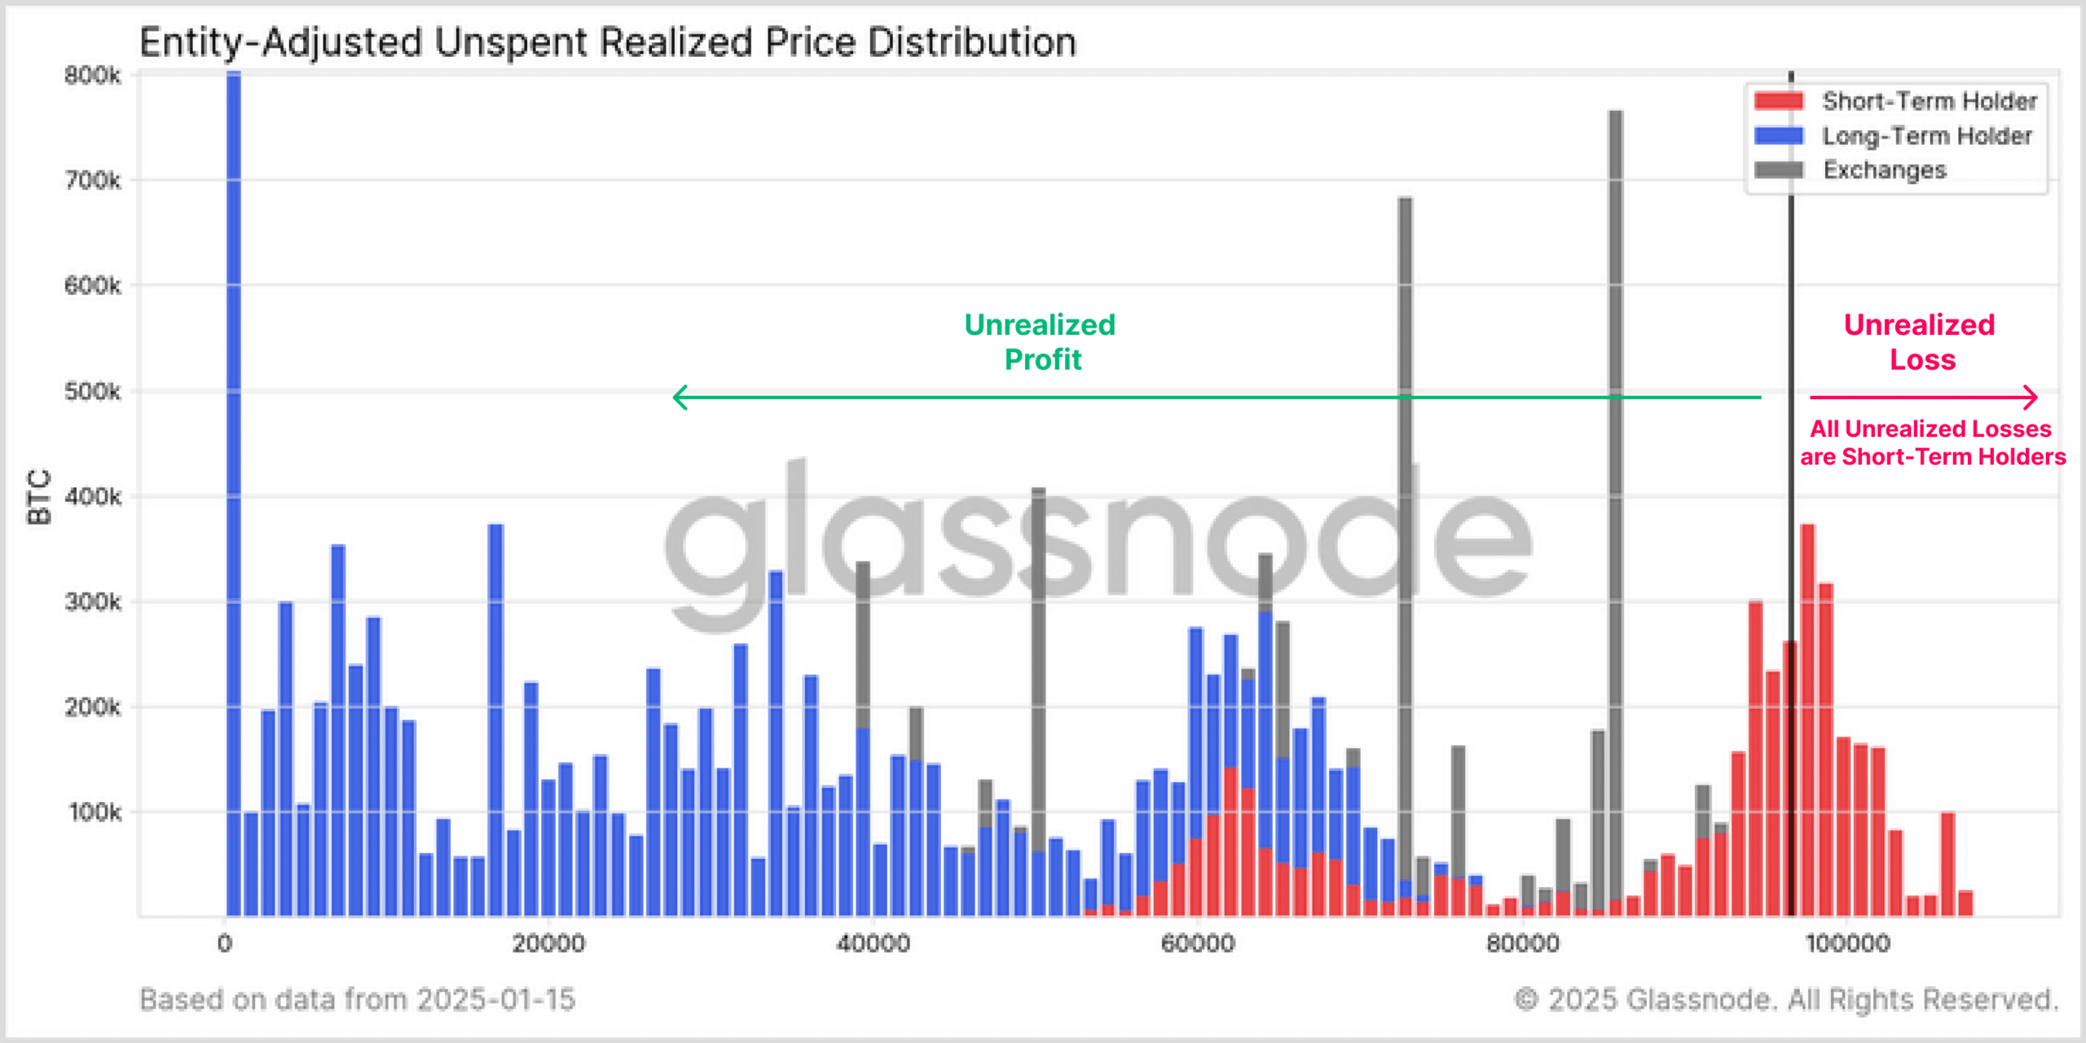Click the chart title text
click(607, 42)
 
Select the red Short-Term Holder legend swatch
click(1779, 101)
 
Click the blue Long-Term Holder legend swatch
click(1779, 135)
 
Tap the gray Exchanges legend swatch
click(1779, 169)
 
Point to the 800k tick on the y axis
click(92, 76)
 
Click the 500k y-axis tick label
click(92, 392)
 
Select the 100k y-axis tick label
click(95, 812)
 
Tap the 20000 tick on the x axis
click(548, 944)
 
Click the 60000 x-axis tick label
click(1198, 944)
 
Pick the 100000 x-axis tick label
click(1847, 944)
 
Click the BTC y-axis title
click(39, 497)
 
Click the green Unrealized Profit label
click(1041, 342)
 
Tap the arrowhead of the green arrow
click(679, 398)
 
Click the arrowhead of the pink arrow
click(2031, 398)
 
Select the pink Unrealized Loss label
click(1921, 342)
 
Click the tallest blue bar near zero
click(234, 489)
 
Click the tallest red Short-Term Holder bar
click(1807, 717)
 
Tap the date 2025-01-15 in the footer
click(496, 999)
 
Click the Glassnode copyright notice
click(1786, 999)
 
